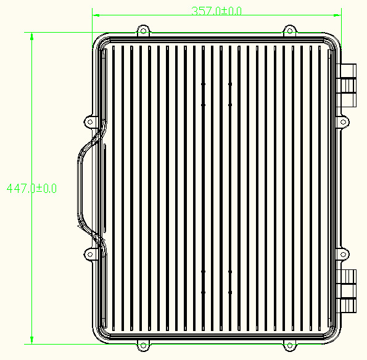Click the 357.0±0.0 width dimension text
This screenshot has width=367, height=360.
(216, 11)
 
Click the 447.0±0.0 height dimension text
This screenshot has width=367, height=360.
(31, 188)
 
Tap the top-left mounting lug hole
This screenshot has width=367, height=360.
(143, 31)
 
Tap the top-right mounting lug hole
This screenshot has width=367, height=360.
(289, 31)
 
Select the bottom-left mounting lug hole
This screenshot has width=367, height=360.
(143, 345)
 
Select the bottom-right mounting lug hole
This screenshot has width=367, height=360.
(289, 345)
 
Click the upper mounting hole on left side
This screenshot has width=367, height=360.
(90, 122)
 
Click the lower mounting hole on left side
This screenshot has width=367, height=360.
(90, 254)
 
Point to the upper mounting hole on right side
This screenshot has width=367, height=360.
(343, 122)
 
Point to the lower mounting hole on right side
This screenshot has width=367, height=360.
(343, 254)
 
